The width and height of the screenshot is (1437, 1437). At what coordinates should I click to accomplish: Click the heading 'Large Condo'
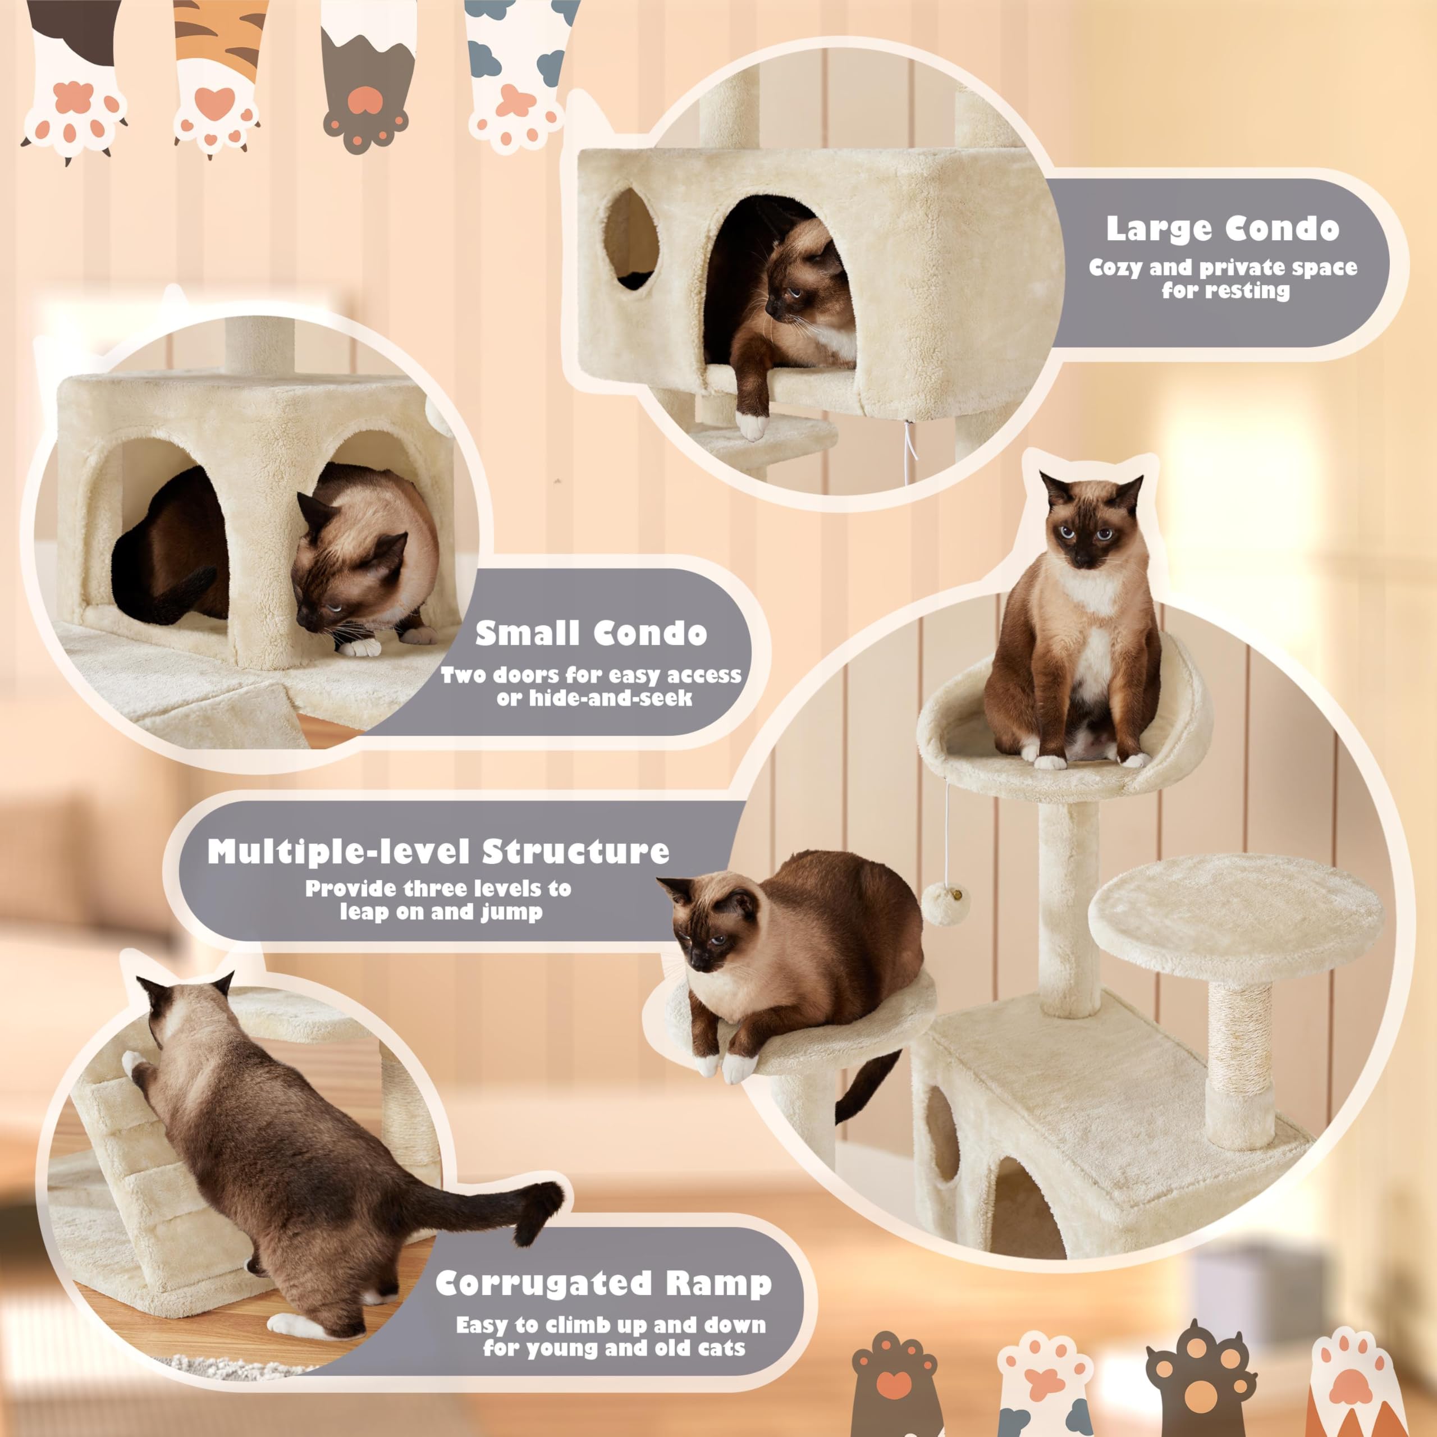tap(1222, 229)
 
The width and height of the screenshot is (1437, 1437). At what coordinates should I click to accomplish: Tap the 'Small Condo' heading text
tap(591, 633)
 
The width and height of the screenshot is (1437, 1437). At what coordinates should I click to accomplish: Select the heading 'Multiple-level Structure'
tap(438, 852)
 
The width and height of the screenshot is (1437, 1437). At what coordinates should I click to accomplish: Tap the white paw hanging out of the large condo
tap(753, 425)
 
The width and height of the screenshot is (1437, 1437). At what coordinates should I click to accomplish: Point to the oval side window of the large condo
tap(631, 239)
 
